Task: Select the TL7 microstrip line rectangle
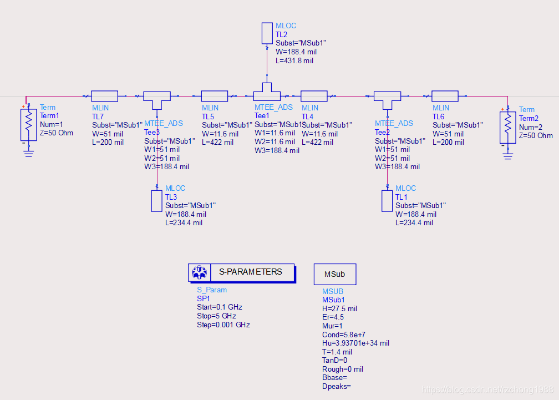click(x=104, y=96)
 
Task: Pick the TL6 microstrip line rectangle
click(x=445, y=96)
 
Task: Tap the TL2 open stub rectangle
click(x=267, y=33)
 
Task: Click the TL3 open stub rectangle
click(x=156, y=201)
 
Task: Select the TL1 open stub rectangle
click(x=387, y=201)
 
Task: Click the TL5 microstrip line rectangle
click(x=215, y=96)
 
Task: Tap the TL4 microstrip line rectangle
click(x=314, y=96)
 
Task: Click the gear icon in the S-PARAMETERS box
click(x=199, y=272)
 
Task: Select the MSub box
click(x=335, y=274)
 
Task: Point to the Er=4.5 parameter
click(x=333, y=317)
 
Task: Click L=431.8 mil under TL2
click(x=294, y=60)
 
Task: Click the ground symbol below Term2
click(x=507, y=155)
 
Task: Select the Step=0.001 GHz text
click(x=223, y=325)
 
